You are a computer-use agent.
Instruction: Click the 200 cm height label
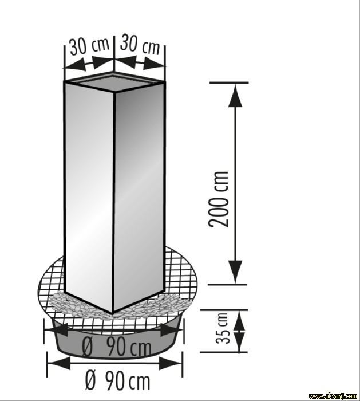click(x=219, y=199)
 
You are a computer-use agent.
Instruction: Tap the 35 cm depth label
click(x=221, y=328)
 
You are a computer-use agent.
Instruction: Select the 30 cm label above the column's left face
click(x=90, y=46)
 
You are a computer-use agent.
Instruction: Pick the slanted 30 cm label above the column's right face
click(x=140, y=45)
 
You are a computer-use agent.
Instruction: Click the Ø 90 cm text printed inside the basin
click(x=117, y=347)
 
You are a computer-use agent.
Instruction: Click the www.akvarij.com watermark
click(x=333, y=396)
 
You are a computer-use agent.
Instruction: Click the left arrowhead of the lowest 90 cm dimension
click(x=60, y=363)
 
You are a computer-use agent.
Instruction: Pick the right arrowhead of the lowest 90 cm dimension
click(x=171, y=363)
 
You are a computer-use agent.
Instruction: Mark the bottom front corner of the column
click(x=112, y=313)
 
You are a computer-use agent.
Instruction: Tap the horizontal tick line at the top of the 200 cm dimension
click(x=229, y=82)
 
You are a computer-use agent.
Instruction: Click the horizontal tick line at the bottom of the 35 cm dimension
click(x=224, y=352)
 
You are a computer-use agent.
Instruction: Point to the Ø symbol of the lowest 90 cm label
click(x=90, y=382)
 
